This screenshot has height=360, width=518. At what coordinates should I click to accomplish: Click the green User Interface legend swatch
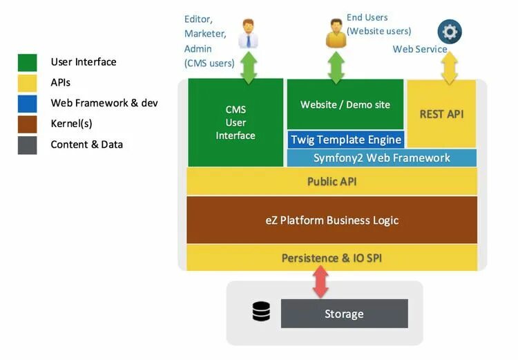(28, 62)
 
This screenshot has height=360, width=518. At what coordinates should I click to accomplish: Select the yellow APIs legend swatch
(28, 83)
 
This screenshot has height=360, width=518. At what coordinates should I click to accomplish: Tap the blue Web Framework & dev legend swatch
(28, 103)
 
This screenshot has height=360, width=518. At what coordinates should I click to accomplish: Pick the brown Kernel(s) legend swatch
(28, 124)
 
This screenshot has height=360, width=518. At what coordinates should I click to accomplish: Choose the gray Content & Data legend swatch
(28, 144)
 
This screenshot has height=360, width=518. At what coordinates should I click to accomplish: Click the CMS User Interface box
(236, 122)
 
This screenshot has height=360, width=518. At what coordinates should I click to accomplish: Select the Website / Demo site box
(345, 104)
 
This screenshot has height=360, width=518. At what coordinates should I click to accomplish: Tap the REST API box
(441, 113)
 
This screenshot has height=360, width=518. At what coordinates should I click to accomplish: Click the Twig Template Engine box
(345, 140)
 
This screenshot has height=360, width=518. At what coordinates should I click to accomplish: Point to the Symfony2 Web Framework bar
(381, 158)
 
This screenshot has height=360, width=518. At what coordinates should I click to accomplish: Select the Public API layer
(332, 182)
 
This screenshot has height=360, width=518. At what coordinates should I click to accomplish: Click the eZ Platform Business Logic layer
(332, 220)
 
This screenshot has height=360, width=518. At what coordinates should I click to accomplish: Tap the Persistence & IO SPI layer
(332, 258)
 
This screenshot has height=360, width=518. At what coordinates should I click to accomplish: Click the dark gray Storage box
(344, 314)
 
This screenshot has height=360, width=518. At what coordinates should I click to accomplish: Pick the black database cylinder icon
(261, 312)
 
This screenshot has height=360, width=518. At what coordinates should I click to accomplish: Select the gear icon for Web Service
(450, 32)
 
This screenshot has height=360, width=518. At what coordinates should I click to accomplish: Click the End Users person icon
(336, 34)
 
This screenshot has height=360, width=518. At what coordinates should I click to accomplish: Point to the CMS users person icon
(248, 34)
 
